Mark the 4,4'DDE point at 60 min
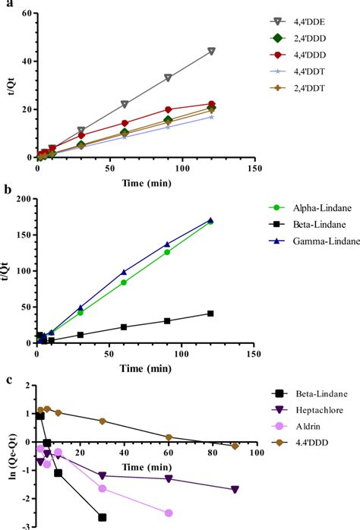[125, 104]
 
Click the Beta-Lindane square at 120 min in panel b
[210, 313]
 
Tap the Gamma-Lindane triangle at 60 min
[124, 272]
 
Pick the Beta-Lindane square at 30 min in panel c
[102, 517]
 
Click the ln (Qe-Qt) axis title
[8, 456]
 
